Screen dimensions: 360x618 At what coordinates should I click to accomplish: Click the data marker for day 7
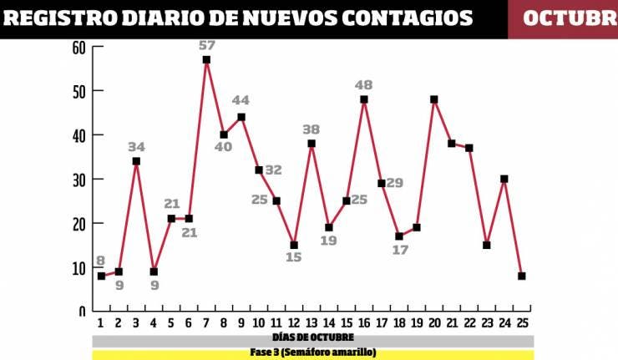coord(206,59)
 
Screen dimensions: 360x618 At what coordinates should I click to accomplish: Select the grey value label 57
coord(208,45)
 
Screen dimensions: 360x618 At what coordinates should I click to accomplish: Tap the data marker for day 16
coord(364,99)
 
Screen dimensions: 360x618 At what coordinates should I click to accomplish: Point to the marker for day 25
coord(522,276)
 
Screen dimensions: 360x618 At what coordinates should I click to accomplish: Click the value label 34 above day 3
coord(136,147)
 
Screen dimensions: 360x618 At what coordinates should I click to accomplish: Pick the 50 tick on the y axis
coord(79,90)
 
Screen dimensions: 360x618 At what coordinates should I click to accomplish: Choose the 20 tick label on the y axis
coord(79,223)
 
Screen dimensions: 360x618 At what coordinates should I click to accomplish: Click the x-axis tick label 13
coord(312,323)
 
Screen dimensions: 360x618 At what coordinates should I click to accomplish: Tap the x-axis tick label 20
coord(434,323)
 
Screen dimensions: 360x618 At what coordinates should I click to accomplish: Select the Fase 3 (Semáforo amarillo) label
coord(312,352)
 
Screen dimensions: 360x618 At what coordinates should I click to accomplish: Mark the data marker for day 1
coord(101,276)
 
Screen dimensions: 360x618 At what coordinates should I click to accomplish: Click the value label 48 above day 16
coord(363,84)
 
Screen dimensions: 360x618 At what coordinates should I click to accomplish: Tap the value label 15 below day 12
coord(293,257)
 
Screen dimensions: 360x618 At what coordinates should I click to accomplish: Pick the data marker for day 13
coord(312,144)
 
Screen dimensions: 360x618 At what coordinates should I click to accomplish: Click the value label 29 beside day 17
coord(394,183)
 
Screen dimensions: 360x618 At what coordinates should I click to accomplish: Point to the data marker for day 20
coord(434,99)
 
